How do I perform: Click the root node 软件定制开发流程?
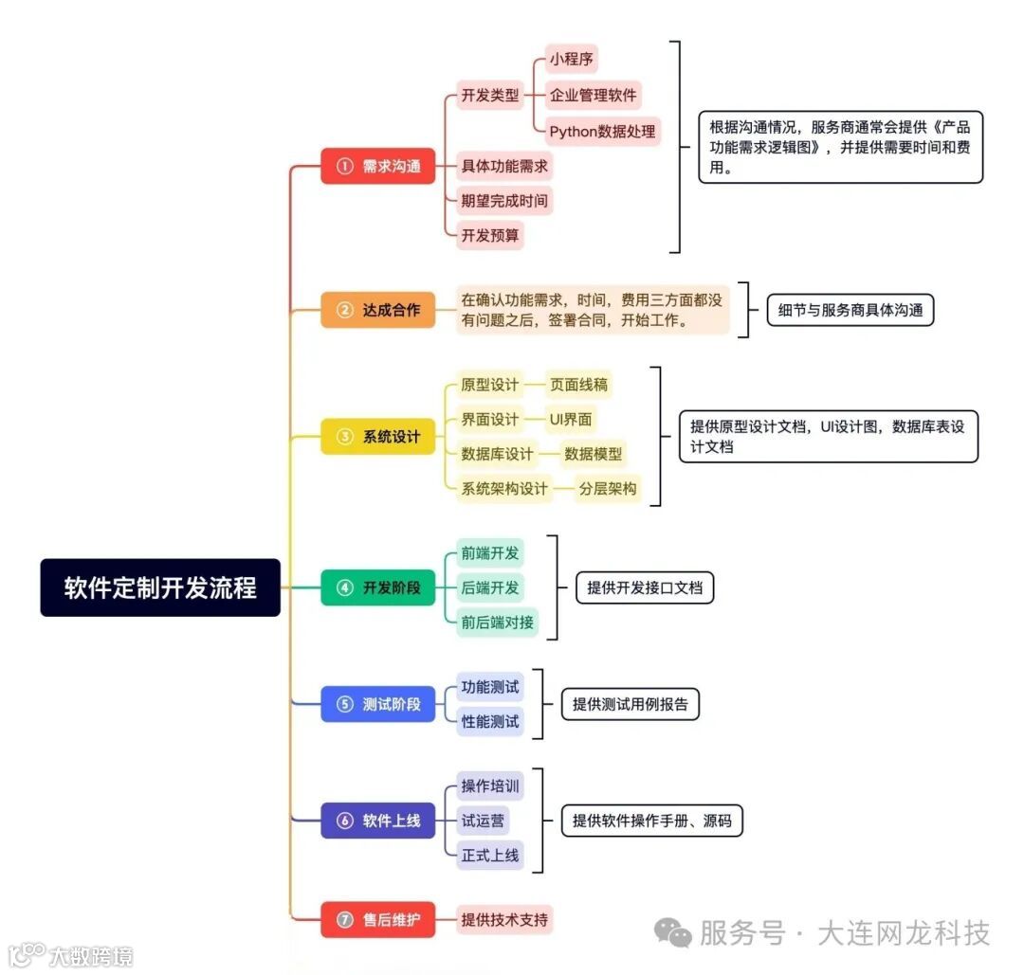pos(160,587)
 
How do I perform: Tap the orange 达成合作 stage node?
pos(377,310)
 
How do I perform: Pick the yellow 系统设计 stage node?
pos(377,437)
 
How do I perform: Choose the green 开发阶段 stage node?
pos(377,587)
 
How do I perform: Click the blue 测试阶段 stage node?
pos(377,704)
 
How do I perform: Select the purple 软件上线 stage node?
pos(377,821)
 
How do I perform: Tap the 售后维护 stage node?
pos(377,919)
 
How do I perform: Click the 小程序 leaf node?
pos(573,60)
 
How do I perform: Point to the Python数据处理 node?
pos(602,131)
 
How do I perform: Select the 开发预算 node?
pos(490,235)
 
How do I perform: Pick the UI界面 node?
pos(572,419)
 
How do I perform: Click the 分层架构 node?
pos(607,489)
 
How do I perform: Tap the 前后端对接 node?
pos(497,623)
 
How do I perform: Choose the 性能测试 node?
pos(490,721)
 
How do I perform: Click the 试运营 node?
pos(483,821)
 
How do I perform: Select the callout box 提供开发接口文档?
pos(645,587)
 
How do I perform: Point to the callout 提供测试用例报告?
pos(631,704)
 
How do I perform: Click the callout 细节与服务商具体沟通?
pos(850,310)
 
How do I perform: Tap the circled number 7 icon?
pos(344,919)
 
